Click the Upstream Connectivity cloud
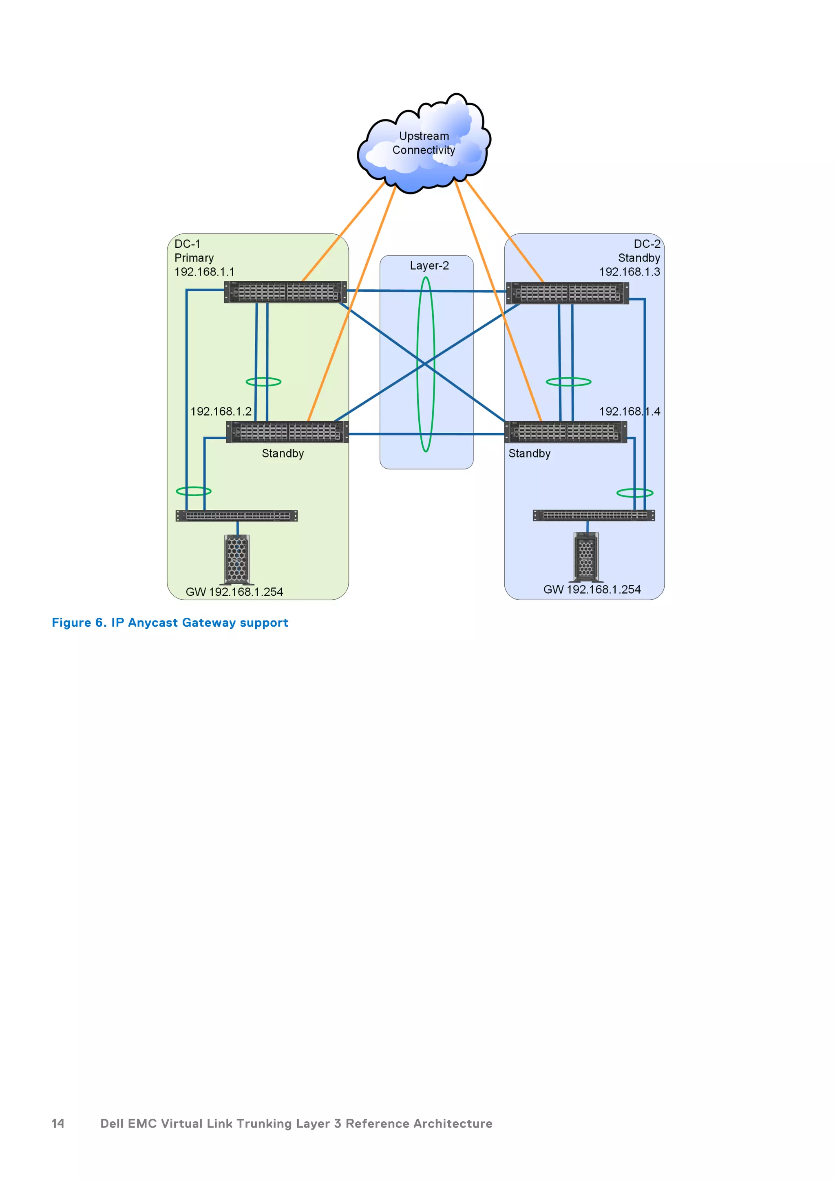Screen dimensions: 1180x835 click(424, 143)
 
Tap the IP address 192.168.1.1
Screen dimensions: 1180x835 click(204, 272)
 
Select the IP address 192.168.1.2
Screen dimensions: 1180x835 click(221, 412)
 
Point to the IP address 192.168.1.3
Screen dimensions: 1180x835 click(630, 272)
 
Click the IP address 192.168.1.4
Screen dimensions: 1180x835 click(630, 412)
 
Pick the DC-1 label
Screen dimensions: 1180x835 click(187, 244)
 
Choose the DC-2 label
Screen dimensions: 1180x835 click(647, 244)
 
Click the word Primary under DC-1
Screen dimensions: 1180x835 click(194, 258)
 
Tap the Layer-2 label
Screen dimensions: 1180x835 click(429, 266)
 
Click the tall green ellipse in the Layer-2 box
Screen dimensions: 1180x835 click(426, 364)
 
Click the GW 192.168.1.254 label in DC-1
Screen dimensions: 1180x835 click(234, 592)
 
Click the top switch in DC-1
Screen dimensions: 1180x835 click(285, 292)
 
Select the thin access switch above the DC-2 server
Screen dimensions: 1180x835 click(594, 515)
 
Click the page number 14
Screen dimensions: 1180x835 click(58, 1123)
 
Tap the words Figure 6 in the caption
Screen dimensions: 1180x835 click(79, 623)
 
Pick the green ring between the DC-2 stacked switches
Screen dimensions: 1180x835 click(568, 382)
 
